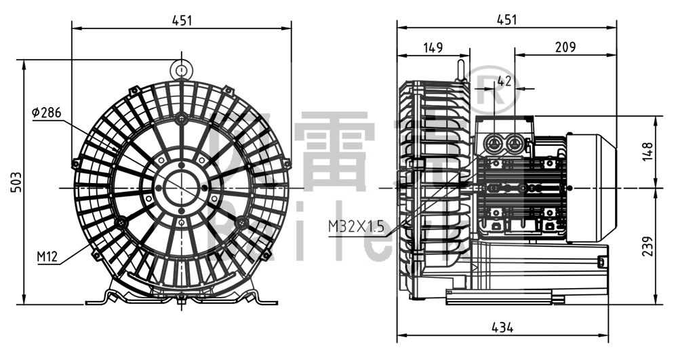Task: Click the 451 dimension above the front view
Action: point(182,20)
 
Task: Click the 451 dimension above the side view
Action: point(506,20)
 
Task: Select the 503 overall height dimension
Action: point(16,182)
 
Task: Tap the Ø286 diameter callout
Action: point(45,113)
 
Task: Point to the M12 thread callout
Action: point(47,256)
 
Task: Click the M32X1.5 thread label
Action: point(356,227)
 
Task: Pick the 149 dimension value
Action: point(433,47)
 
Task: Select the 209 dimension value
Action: point(565,47)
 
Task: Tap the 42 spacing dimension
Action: point(504,81)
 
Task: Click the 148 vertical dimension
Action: point(648,151)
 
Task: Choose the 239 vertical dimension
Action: point(648,245)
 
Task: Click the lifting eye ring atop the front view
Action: point(181,69)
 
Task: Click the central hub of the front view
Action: point(181,186)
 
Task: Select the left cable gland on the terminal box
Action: point(494,142)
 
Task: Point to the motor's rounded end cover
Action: point(593,186)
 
